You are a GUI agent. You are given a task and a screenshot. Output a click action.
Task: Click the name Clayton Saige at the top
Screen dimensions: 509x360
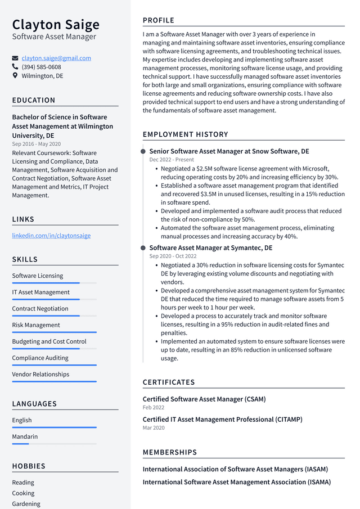[x=56, y=24]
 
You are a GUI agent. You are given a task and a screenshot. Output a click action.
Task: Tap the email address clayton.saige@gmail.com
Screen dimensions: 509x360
[x=56, y=58]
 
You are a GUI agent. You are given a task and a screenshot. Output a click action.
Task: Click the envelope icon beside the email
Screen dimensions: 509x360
[x=15, y=58]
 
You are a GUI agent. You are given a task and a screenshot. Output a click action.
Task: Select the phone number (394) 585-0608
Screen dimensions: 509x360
[x=42, y=67]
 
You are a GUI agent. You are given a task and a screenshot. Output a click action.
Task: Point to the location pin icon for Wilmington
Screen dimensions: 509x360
[x=15, y=75]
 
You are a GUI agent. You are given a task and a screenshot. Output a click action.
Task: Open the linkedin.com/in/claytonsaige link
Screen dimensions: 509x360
[x=51, y=236]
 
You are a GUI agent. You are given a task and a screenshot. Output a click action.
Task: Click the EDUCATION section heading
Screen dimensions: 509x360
[x=34, y=100]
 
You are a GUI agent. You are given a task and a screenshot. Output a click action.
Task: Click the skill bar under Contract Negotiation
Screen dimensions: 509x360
[x=54, y=316]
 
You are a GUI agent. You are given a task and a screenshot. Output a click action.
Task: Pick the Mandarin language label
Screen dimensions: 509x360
[x=25, y=436]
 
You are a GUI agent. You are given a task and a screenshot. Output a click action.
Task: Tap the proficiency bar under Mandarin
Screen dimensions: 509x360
[x=54, y=444]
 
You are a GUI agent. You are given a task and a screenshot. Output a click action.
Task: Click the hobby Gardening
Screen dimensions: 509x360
[x=26, y=504]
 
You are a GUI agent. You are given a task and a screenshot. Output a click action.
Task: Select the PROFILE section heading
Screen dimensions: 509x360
[x=159, y=20]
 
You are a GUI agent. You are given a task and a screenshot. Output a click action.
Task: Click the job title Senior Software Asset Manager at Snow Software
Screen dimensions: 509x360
[x=229, y=151]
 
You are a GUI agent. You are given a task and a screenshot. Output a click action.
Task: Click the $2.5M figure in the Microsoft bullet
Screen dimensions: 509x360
[x=205, y=169]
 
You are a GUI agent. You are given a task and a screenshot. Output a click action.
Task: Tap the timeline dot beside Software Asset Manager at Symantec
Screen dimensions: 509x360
[x=144, y=248]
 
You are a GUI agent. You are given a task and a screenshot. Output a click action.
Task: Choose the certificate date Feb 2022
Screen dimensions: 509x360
[x=154, y=407]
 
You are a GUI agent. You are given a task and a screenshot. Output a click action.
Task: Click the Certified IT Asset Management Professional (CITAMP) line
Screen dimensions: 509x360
[x=222, y=420]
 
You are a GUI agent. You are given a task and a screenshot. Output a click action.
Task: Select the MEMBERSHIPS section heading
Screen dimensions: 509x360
[x=170, y=452]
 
